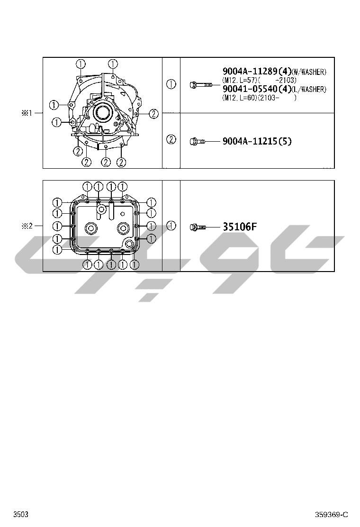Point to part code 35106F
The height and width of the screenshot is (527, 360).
240,227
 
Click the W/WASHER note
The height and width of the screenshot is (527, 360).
309,72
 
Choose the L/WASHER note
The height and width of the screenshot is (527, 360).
309,90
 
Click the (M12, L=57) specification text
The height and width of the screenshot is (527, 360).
239,80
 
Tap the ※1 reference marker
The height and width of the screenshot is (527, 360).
27,113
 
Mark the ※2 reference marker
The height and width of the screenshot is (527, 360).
27,226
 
